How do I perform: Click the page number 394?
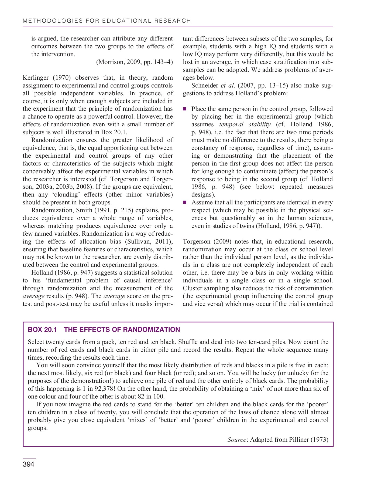click(28, 465)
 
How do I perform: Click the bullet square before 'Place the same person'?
click(185, 109)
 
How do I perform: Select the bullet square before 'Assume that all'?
click(185, 202)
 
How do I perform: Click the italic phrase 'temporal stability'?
click(245, 124)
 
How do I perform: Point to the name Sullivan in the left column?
click(143, 242)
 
